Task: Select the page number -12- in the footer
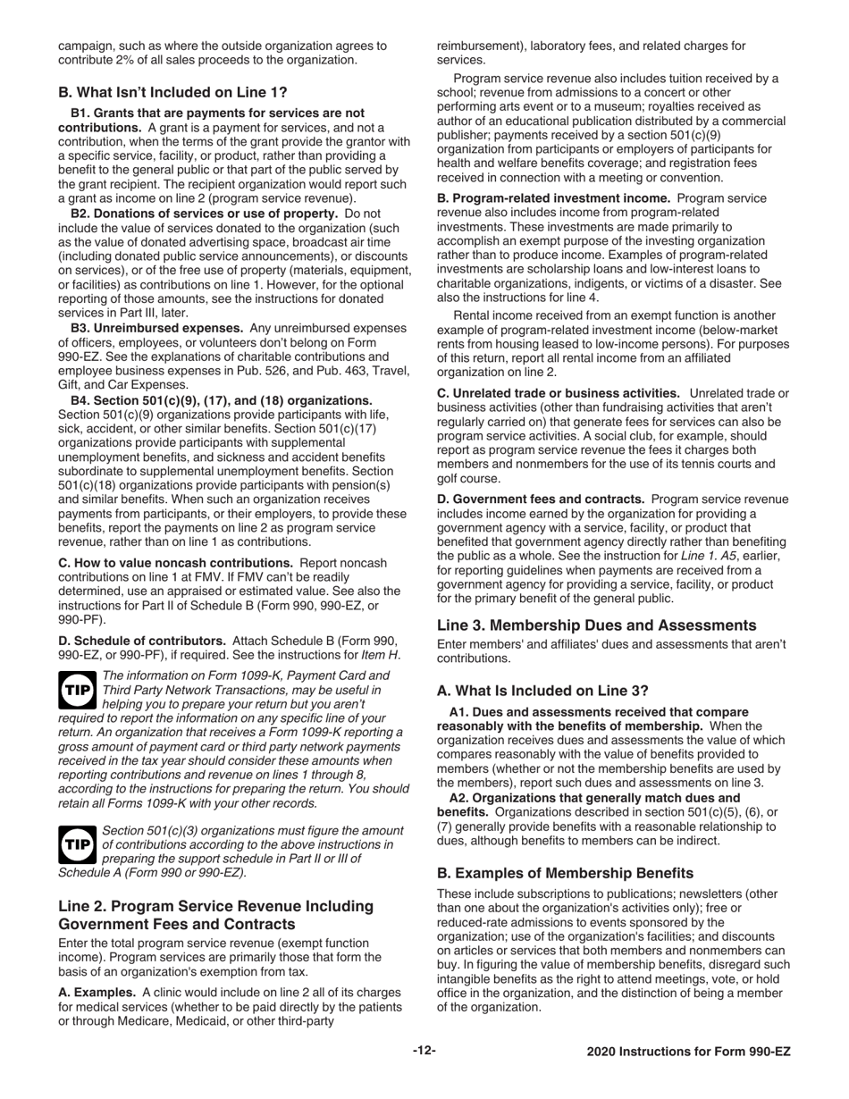tap(424, 1051)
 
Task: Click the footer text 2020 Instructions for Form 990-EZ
tap(688, 1052)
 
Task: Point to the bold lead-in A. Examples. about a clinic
tap(97, 992)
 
